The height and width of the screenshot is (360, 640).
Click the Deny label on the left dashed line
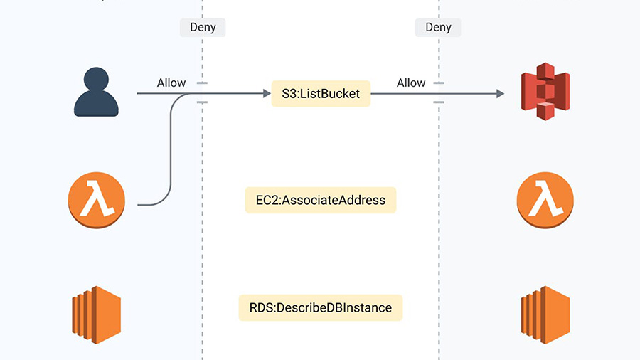tap(203, 28)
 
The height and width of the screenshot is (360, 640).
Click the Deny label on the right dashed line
tap(438, 28)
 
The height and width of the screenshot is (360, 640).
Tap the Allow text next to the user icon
tap(171, 83)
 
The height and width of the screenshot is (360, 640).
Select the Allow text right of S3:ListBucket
tap(411, 83)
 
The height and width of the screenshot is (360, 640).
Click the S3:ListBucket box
tap(321, 93)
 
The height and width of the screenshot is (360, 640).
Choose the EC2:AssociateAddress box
tap(321, 201)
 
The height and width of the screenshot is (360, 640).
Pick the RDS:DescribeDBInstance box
tap(321, 308)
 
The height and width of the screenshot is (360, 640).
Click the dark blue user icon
tap(96, 92)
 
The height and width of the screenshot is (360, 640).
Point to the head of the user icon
tap(96, 80)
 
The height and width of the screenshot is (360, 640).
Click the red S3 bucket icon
tap(545, 92)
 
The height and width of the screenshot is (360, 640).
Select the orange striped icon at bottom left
tap(96, 310)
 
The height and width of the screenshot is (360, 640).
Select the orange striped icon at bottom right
tap(545, 310)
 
